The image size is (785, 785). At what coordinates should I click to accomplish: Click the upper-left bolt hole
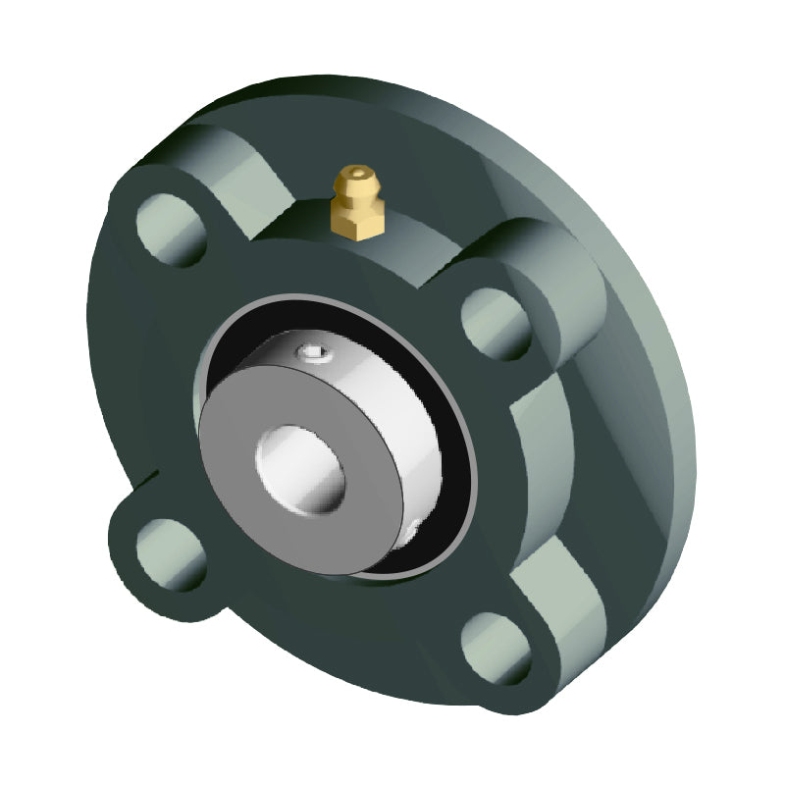pyautogui.click(x=172, y=230)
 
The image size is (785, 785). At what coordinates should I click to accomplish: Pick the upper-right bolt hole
pyautogui.click(x=496, y=323)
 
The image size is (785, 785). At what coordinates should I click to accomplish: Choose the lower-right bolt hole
pyautogui.click(x=497, y=649)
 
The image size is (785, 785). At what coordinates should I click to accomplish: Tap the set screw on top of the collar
pyautogui.click(x=313, y=351)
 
